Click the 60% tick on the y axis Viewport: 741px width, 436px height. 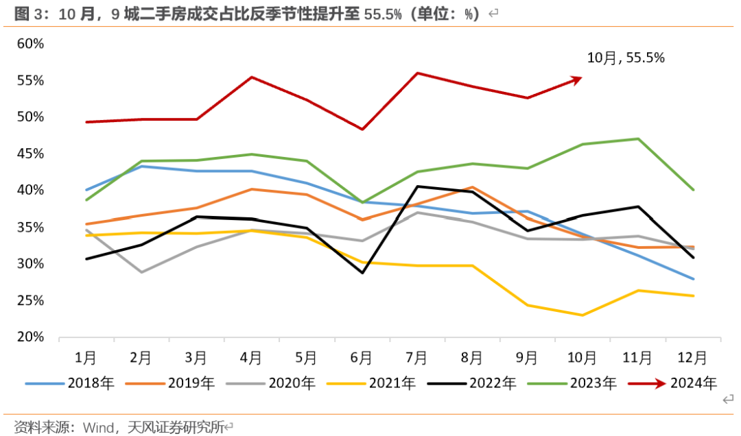(30, 44)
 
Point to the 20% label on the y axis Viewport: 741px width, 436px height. (30, 337)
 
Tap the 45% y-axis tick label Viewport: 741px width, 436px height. (30, 154)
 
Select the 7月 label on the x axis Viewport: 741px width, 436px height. (416, 358)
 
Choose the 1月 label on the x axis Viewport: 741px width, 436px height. (86, 358)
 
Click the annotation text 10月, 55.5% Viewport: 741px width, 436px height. (626, 58)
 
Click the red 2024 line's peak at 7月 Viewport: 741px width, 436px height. (417, 73)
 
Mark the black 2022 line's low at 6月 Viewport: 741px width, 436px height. (362, 273)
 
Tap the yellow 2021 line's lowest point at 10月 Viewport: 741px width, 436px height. (583, 315)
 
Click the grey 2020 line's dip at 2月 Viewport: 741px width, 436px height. (141, 272)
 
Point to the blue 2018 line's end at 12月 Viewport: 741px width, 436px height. (693, 279)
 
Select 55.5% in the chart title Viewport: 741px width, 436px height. (383, 14)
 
